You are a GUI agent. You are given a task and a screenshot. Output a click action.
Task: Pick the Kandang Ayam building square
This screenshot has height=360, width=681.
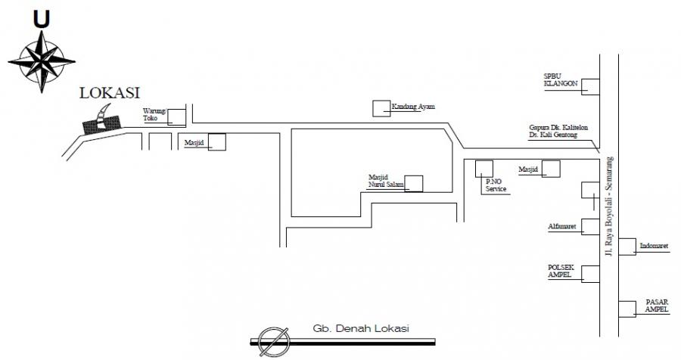[382, 108]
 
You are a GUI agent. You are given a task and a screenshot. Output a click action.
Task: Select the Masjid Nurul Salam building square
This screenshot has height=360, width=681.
[415, 183]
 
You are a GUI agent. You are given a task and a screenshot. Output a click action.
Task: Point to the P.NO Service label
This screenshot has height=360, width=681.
[496, 185]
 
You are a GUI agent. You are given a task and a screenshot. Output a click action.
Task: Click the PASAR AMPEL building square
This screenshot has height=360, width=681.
[627, 309]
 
